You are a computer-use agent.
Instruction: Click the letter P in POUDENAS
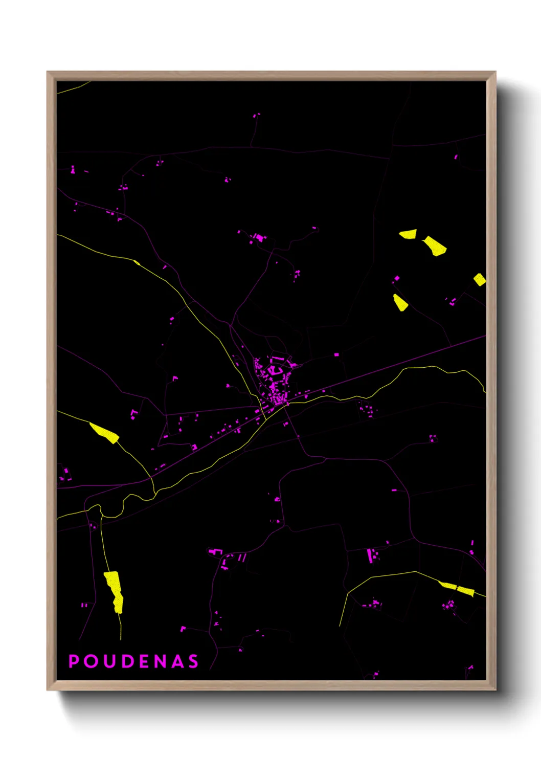coord(74,661)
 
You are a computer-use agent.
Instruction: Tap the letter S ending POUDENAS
coord(193,661)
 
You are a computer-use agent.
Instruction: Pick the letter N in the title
coord(160,661)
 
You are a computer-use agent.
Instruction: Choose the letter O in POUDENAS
coord(91,661)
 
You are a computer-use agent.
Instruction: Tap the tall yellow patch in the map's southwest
coord(114,591)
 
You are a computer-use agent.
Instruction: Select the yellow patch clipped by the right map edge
coord(479,279)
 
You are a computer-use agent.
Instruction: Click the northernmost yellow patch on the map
coord(408,234)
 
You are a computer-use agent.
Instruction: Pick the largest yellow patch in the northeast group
coord(435,245)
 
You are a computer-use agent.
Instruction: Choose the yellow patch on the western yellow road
coord(105,433)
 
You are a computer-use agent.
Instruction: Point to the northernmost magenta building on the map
coord(256,115)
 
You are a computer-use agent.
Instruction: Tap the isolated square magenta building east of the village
coord(336,354)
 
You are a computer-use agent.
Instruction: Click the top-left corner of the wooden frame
coord(47,72)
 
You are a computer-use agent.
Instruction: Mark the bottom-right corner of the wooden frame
coord(495,691)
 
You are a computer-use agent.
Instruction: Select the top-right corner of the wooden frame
coord(495,72)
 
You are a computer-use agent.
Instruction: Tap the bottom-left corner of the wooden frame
coord(47,691)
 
